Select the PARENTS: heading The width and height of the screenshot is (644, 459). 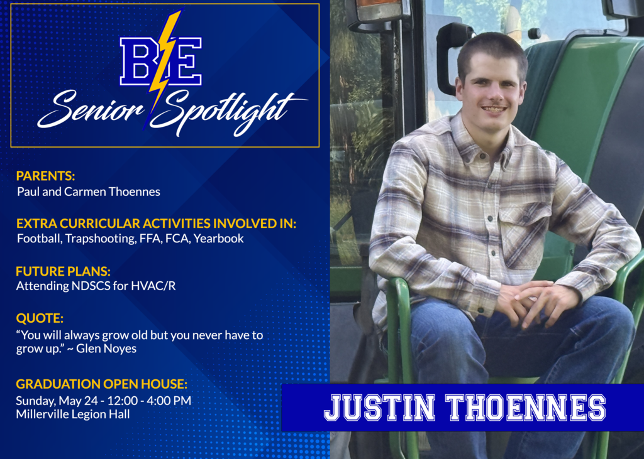tap(45, 176)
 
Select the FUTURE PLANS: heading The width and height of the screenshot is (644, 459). tap(63, 271)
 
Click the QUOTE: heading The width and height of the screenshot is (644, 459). tap(40, 318)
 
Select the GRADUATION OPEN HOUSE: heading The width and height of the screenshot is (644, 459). tap(101, 384)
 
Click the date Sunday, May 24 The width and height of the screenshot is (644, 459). tap(54, 400)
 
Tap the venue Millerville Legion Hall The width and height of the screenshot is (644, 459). tap(73, 414)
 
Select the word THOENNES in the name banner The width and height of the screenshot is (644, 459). tap(525, 408)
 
